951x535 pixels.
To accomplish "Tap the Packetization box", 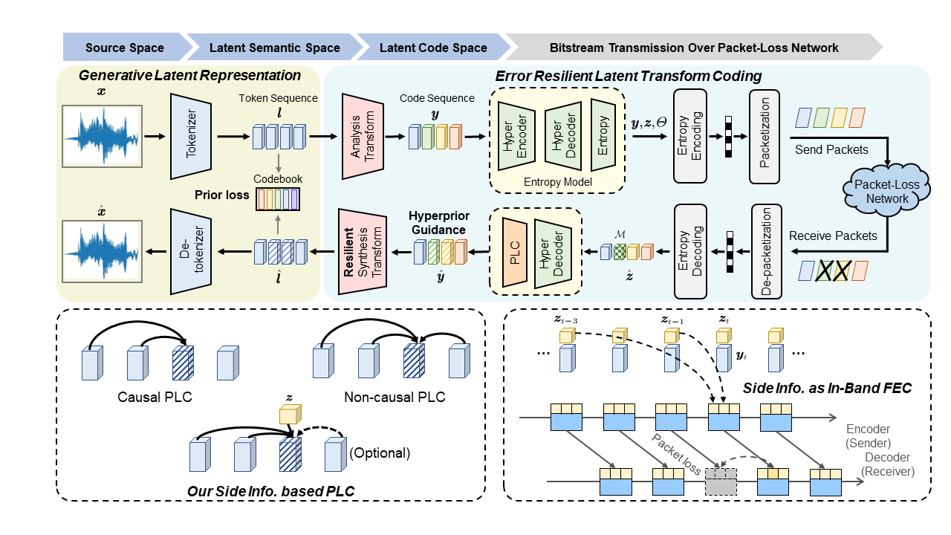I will (765, 136).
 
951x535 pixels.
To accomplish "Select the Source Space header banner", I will (124, 48).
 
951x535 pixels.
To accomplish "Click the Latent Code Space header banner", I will (433, 48).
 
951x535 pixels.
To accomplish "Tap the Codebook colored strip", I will (277, 199).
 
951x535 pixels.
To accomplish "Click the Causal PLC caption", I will (155, 397).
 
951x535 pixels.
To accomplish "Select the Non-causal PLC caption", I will (395, 397).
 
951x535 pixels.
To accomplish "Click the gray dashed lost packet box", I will (721, 482).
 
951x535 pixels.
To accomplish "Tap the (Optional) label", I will (379, 452).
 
